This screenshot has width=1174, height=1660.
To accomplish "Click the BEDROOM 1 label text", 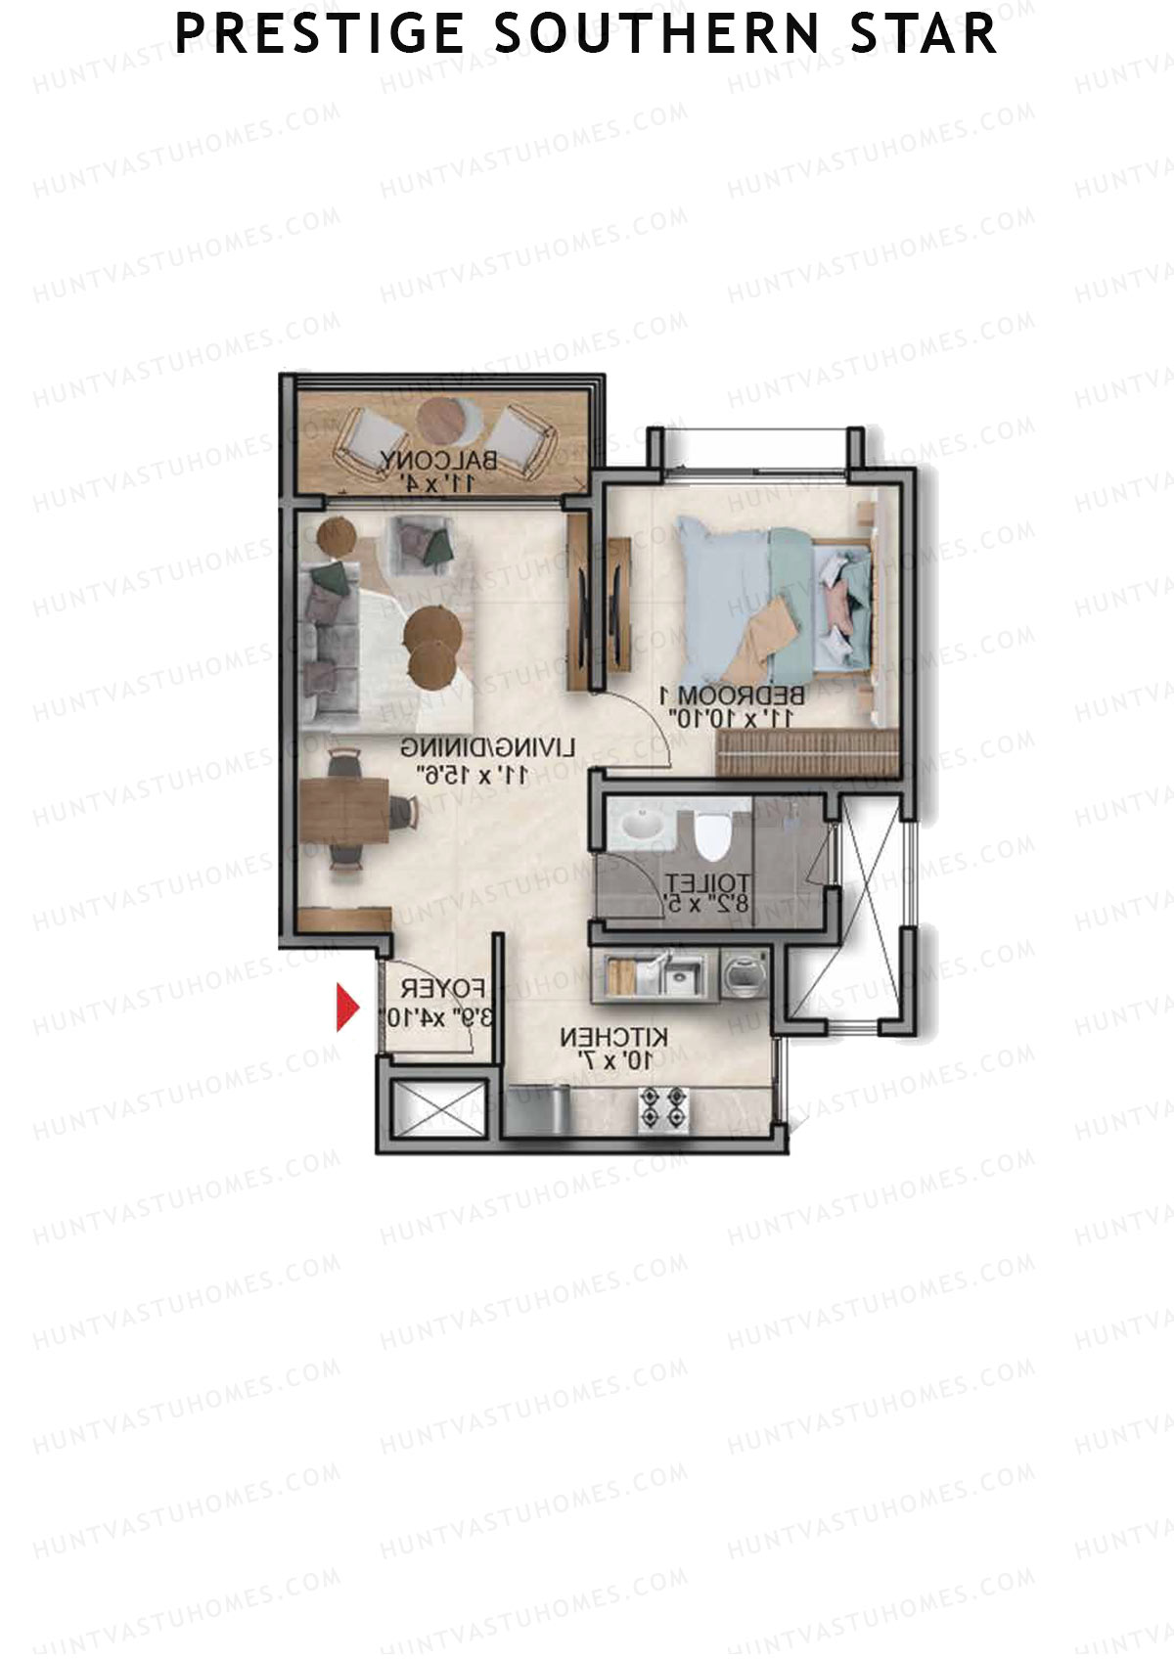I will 733,696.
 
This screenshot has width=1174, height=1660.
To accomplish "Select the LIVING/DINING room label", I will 487,749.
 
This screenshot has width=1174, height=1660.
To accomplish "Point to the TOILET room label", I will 706,882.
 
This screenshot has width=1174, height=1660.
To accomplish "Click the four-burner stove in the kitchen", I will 662,1108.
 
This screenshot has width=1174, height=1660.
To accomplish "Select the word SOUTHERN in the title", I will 656,34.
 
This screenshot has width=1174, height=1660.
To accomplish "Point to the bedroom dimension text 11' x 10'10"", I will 733,718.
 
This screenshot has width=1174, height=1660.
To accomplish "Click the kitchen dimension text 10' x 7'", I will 613,1059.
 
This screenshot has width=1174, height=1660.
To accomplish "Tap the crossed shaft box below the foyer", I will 438,1109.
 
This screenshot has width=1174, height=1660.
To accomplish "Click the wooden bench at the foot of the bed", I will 807,752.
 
